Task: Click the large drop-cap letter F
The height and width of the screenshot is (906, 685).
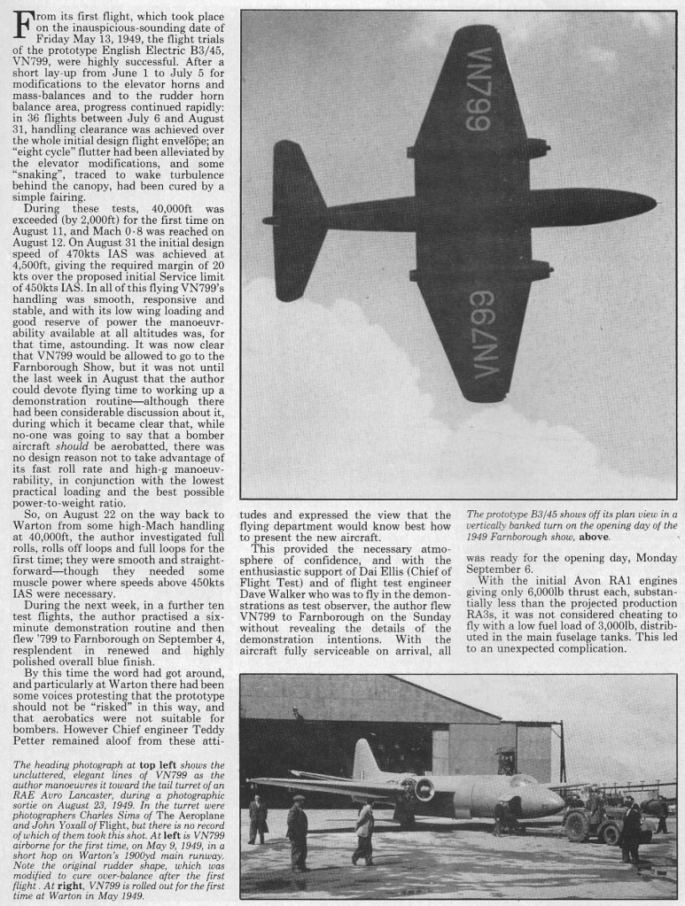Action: pyautogui.click(x=21, y=28)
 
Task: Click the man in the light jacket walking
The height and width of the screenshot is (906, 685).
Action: pyautogui.click(x=363, y=832)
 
